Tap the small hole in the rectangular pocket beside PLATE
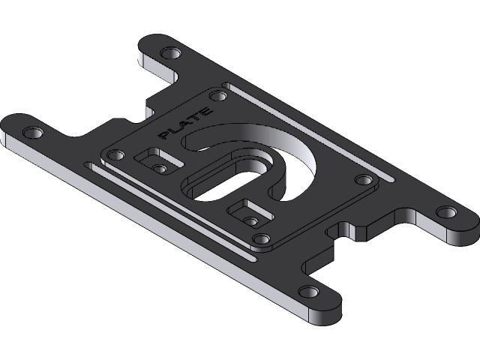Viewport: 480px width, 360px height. [159, 167]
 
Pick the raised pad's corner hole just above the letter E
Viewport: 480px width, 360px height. [218, 96]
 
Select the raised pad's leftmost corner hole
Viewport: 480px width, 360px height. [115, 155]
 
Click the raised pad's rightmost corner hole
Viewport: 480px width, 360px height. [363, 179]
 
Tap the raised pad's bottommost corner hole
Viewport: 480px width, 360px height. [261, 238]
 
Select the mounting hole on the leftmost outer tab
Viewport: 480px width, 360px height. [33, 133]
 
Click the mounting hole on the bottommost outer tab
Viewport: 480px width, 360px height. [307, 291]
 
